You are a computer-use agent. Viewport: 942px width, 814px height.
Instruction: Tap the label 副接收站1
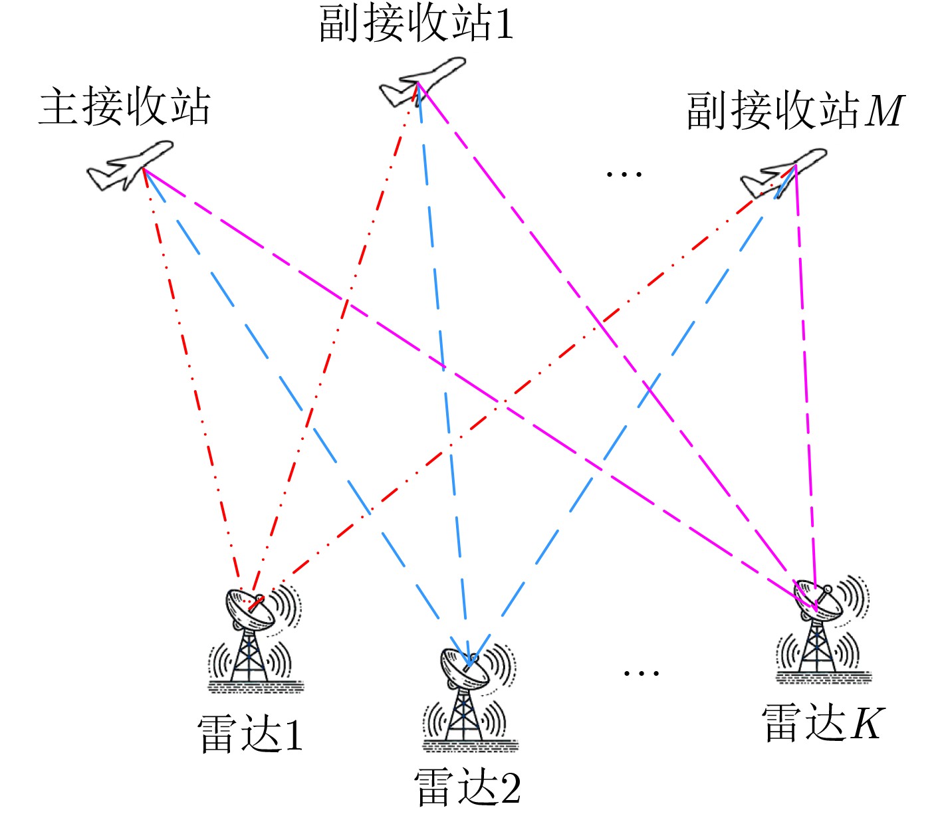click(416, 24)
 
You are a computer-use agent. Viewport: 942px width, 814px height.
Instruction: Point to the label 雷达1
click(251, 734)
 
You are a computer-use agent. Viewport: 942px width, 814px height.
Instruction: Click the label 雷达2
click(467, 787)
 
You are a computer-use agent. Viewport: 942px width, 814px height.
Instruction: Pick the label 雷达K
click(823, 723)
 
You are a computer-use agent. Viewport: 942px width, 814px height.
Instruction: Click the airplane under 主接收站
click(130, 165)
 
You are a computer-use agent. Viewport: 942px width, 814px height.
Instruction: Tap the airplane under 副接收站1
click(421, 81)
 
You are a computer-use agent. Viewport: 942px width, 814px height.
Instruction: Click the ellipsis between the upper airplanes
click(624, 175)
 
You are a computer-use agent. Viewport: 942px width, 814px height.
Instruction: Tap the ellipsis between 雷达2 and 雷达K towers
click(641, 673)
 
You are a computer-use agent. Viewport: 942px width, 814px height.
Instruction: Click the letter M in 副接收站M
click(884, 111)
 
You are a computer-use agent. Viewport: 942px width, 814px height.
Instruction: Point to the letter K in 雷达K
click(867, 724)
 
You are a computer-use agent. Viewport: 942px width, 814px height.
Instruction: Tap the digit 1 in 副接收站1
click(504, 25)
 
